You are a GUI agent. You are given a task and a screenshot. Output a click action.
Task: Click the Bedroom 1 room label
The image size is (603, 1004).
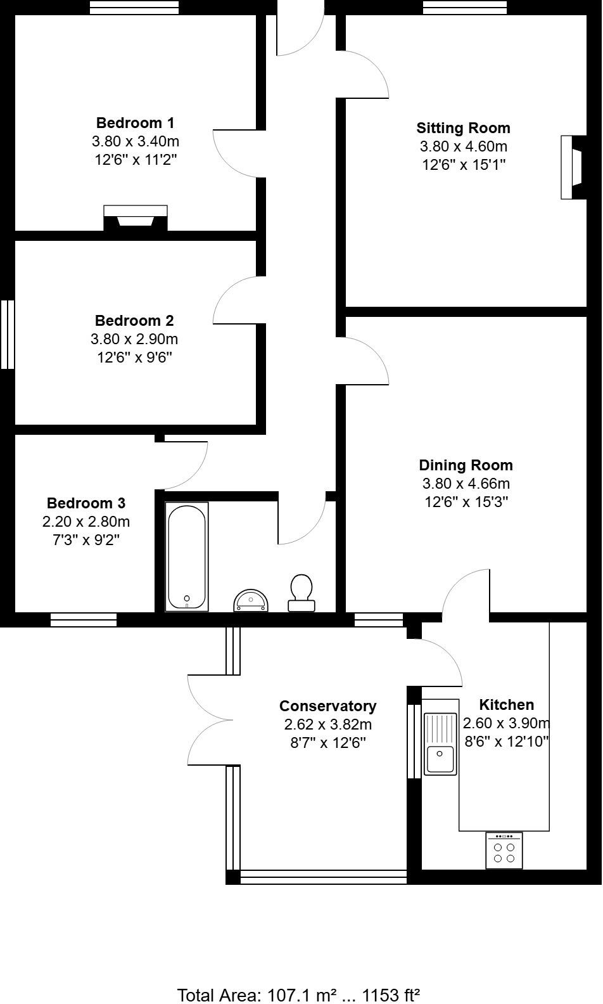coord(135,122)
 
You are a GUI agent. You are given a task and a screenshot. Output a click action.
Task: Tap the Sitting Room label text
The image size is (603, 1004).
coord(463,128)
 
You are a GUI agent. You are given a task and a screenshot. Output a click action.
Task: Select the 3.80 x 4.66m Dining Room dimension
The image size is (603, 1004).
coord(466,484)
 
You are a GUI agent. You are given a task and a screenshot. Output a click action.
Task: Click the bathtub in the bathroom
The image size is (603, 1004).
coord(187,557)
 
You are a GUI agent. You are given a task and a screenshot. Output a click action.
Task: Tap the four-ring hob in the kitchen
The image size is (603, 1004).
coord(504,851)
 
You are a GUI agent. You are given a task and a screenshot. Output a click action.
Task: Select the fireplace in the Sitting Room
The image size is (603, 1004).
coord(573,167)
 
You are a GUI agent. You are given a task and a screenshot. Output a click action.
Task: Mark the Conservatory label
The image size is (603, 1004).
coord(327,706)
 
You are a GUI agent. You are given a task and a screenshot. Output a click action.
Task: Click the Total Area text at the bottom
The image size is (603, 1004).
coord(299,994)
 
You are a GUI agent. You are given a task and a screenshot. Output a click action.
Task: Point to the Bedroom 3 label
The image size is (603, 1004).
coord(86,503)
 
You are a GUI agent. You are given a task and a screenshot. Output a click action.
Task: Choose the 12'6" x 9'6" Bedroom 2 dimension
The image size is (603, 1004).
coord(134,357)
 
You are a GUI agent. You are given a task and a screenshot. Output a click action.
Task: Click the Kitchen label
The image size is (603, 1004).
coord(506,705)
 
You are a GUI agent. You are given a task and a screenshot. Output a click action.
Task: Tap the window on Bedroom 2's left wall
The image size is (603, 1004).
coord(7,334)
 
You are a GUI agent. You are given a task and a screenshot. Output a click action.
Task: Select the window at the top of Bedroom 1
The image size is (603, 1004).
coord(134,7)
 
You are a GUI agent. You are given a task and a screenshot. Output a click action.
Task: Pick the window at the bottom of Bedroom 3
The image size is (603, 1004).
coord(84,619)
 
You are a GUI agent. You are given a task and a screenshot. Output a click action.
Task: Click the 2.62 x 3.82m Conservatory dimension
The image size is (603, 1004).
coord(327,724)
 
